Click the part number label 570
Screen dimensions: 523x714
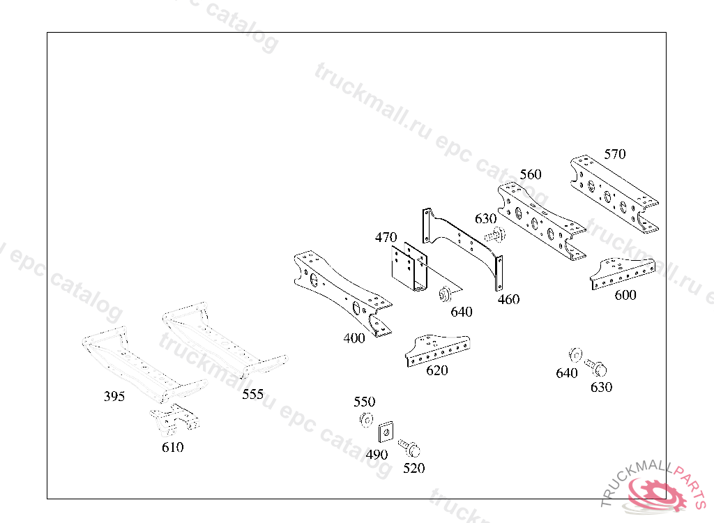point(614,154)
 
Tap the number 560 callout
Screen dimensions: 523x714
point(530,174)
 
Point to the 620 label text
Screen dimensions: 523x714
point(437,370)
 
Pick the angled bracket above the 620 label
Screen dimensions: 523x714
point(437,349)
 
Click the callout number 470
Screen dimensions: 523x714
point(386,238)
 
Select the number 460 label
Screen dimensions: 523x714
point(508,300)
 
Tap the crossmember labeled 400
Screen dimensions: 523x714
point(342,293)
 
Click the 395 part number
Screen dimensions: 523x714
point(114,397)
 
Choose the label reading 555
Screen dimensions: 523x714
point(253,395)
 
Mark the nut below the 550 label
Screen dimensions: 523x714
point(365,420)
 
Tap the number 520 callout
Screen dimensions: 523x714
point(413,469)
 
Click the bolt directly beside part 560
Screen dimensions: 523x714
point(494,236)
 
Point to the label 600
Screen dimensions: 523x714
point(625,296)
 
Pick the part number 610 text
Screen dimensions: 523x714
point(172,448)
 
